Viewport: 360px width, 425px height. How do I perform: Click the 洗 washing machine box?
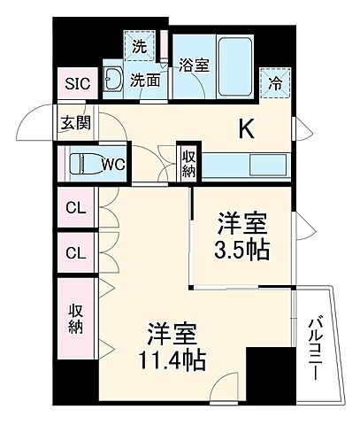[139, 44]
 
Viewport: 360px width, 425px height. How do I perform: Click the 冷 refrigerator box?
[275, 85]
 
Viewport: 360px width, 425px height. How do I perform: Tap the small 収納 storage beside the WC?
[188, 162]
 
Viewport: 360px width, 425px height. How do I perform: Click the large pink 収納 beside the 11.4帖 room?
[76, 319]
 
